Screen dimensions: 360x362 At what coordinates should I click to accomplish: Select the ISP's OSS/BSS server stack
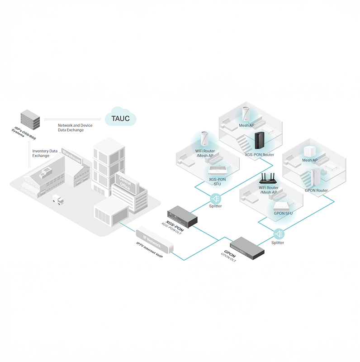coord(30,119)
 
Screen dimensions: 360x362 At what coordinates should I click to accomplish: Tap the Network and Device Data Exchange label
coord(75,128)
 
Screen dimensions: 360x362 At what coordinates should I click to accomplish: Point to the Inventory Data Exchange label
coord(45,153)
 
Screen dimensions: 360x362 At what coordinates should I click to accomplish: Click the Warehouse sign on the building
coord(71,156)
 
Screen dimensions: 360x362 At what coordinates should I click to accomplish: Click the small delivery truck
coord(58,200)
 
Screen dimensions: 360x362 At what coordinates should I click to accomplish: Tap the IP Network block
coord(154,240)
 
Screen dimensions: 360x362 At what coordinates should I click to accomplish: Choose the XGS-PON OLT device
coord(182,217)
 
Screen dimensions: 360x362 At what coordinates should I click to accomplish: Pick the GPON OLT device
coord(247,248)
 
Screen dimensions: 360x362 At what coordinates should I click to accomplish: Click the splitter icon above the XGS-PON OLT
coord(216,199)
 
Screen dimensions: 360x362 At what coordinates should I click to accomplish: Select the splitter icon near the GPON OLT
coord(279,234)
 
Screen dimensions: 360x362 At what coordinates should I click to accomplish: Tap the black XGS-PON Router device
coord(260,141)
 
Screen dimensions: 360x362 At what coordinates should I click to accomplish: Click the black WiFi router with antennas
coord(268,178)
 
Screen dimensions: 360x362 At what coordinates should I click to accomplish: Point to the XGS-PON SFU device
coord(218,171)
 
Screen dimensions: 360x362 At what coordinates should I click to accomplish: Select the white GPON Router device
coord(315,177)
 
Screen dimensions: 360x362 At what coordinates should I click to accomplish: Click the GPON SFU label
coord(283,213)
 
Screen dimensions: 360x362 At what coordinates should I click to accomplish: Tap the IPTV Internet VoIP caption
coord(149,250)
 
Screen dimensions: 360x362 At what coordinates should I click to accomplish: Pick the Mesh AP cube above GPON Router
coord(309,152)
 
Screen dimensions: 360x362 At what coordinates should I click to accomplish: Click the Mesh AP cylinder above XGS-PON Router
coord(246,114)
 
